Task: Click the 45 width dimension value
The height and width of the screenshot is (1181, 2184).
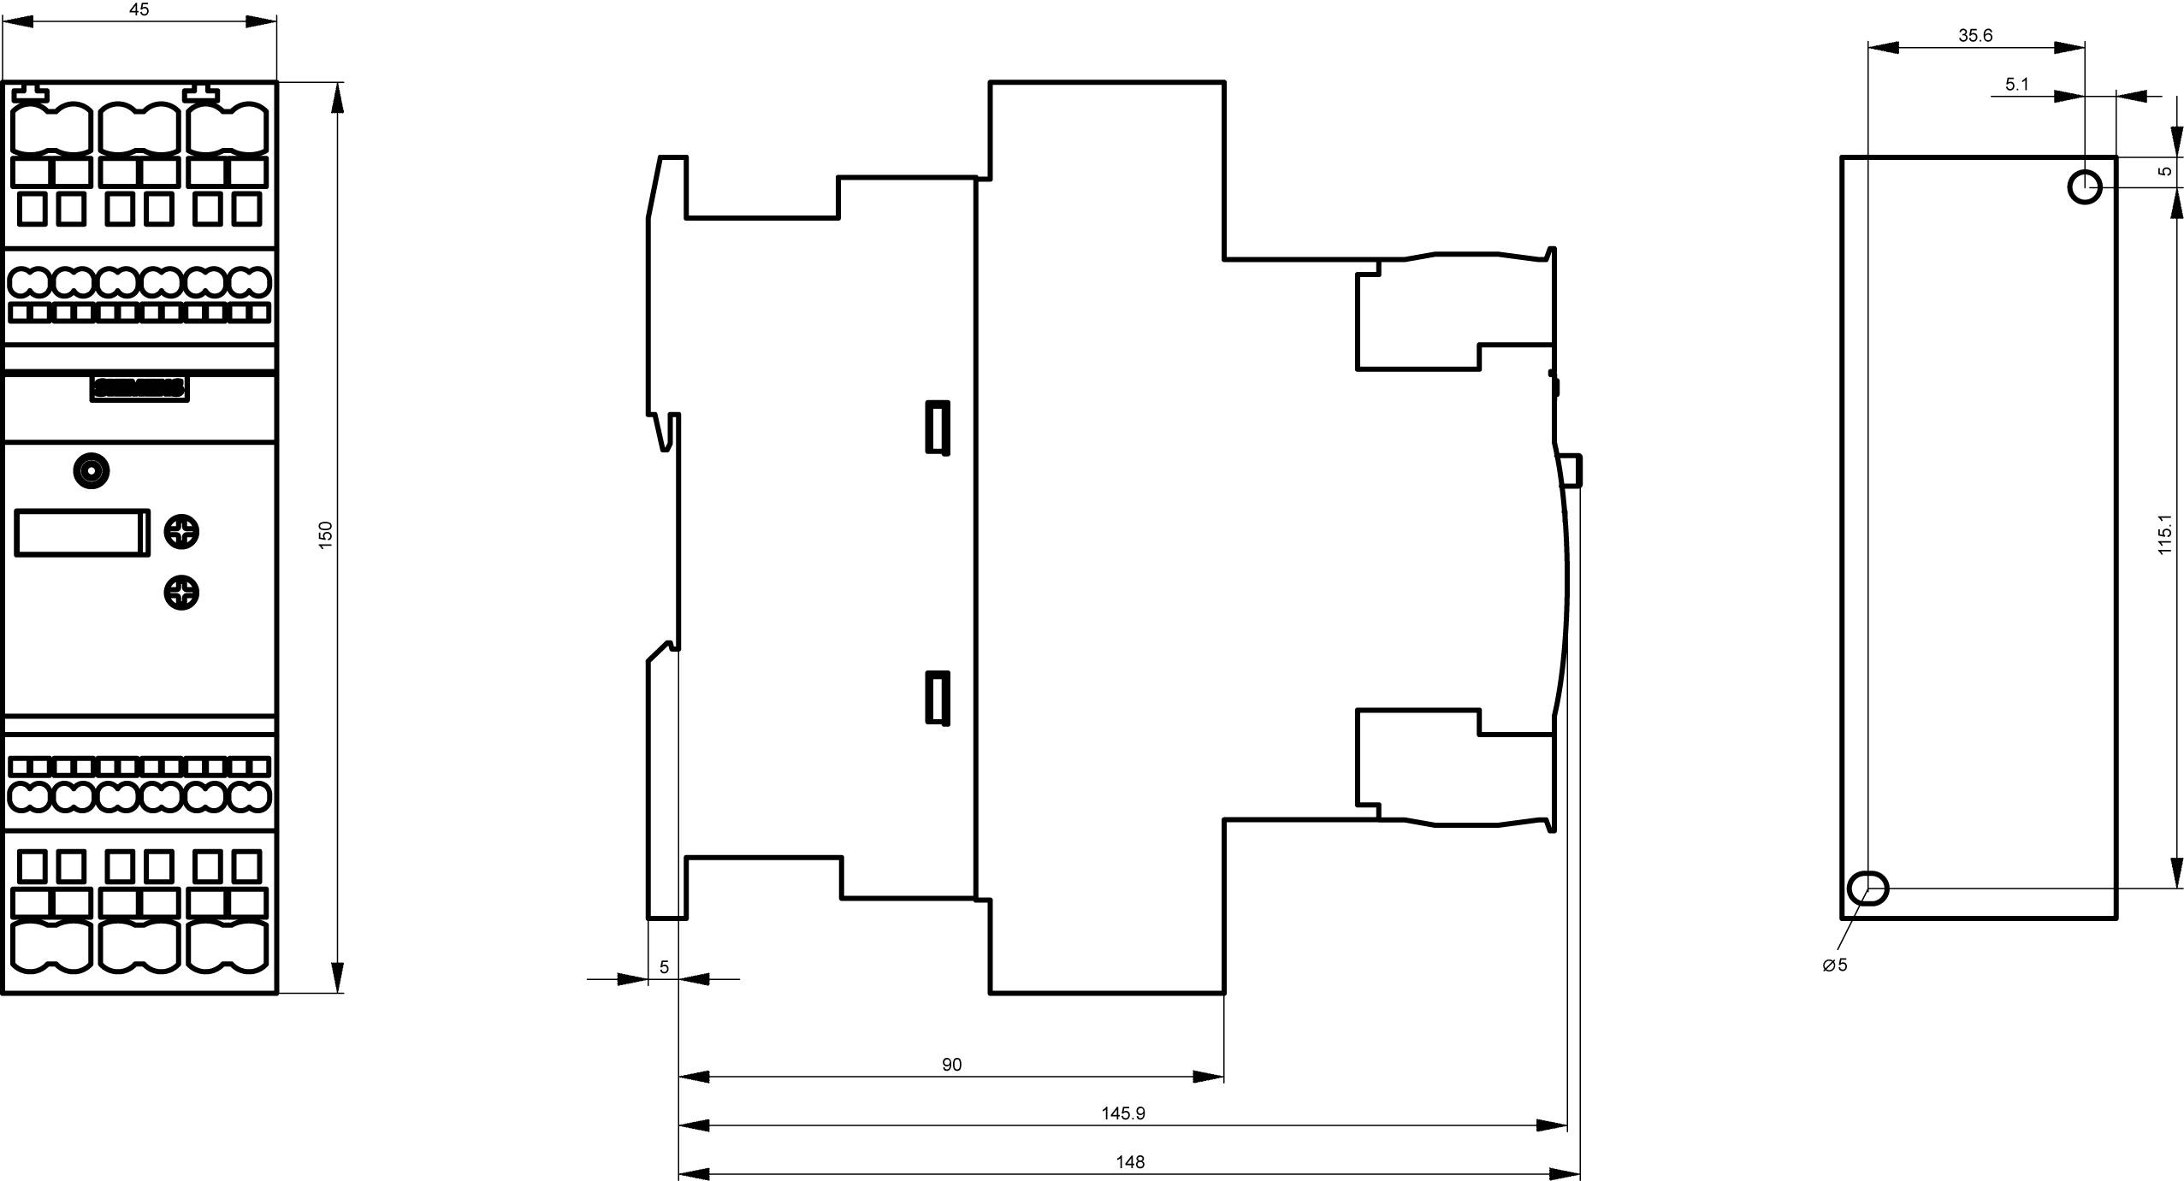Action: coord(139,9)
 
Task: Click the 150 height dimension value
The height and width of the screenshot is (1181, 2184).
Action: coord(325,534)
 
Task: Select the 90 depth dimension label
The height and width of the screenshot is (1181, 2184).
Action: coord(951,1064)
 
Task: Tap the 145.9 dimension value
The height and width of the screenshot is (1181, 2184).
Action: coord(1122,1113)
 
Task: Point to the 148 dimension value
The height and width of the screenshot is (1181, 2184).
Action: coord(1129,1161)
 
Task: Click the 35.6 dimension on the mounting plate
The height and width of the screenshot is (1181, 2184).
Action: coord(1975,35)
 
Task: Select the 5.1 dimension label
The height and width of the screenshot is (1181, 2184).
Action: coord(2016,84)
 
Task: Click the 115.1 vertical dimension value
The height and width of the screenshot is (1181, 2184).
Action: coord(2164,534)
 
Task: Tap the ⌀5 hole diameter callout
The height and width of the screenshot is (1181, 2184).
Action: coord(1835,965)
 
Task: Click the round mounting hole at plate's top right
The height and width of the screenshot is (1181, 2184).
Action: coord(2085,186)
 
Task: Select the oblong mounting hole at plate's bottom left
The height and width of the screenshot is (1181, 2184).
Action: coord(1867,888)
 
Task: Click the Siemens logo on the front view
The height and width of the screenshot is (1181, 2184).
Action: coord(139,388)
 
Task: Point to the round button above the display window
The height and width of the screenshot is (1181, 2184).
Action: coord(92,471)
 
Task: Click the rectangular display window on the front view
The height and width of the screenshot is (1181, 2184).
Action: coord(81,532)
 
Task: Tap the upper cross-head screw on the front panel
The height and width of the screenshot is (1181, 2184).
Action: coord(181,532)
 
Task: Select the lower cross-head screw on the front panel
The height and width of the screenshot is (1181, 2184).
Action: coord(181,593)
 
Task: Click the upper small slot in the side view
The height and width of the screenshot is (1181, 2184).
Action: coord(938,427)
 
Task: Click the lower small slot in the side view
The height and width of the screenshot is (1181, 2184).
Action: coord(938,698)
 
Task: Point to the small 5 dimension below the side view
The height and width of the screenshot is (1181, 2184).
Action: coord(664,967)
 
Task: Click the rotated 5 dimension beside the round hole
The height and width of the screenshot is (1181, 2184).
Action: coord(2164,170)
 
